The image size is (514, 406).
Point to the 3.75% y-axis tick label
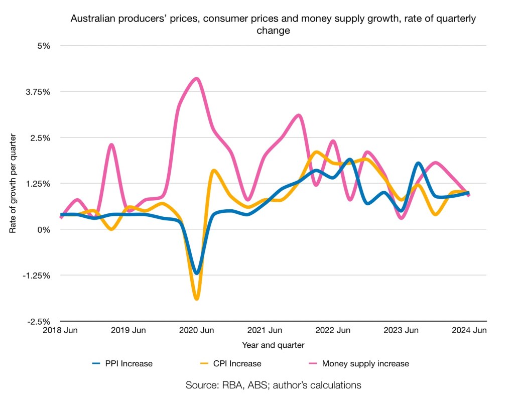[38, 92]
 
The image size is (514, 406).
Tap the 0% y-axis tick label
[44, 229]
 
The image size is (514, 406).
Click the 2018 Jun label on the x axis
[61, 330]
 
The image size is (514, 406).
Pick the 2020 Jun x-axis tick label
[197, 330]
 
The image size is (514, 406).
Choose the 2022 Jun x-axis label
[333, 330]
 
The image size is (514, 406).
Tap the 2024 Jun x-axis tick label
[469, 330]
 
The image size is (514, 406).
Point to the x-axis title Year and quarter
[273, 345]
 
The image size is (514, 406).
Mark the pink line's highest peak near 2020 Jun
[197, 79]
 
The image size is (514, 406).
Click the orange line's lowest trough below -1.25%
[197, 299]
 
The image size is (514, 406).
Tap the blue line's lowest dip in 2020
[197, 273]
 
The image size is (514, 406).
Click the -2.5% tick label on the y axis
[39, 321]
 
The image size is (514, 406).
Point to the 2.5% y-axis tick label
[41, 138]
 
